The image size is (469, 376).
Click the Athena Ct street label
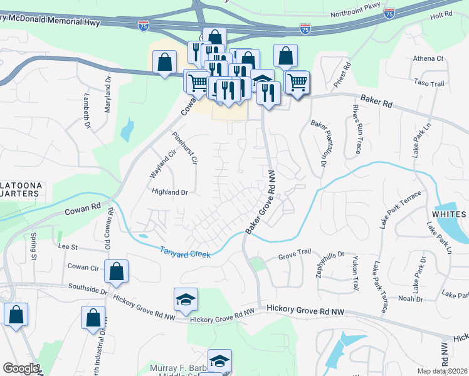click(x=428, y=59)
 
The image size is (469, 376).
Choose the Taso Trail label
click(x=429, y=83)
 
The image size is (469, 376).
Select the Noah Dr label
click(x=410, y=299)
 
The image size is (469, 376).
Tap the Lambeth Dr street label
click(x=86, y=112)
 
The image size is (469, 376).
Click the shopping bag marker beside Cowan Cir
click(x=116, y=271)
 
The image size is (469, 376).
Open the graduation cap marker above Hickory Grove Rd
click(x=186, y=299)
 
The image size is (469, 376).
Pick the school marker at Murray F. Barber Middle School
click(x=219, y=360)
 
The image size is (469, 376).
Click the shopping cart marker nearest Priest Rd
click(x=297, y=81)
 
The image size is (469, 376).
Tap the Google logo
click(x=20, y=368)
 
